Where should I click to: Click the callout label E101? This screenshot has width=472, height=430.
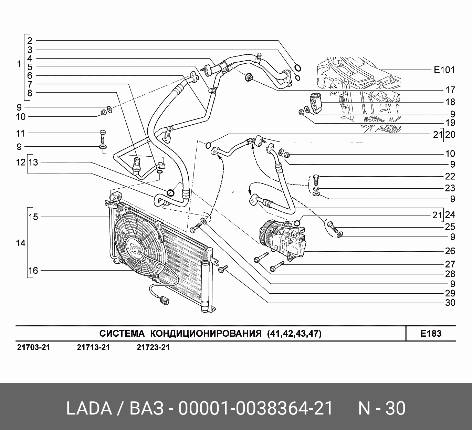(444, 70)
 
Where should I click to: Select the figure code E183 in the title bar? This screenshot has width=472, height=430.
(431, 333)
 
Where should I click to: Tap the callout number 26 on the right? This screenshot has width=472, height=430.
(450, 251)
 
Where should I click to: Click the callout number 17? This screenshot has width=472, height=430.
(450, 90)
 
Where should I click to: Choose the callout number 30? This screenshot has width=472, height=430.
(450, 303)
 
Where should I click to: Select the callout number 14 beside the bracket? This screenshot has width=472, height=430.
(21, 243)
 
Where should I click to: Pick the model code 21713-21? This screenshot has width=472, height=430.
(93, 347)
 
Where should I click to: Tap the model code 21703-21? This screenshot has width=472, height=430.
(33, 347)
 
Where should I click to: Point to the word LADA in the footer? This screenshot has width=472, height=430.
(88, 409)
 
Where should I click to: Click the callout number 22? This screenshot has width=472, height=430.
(450, 176)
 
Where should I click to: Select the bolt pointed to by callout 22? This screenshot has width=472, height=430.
(316, 180)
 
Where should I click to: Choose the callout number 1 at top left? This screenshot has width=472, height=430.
(19, 64)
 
